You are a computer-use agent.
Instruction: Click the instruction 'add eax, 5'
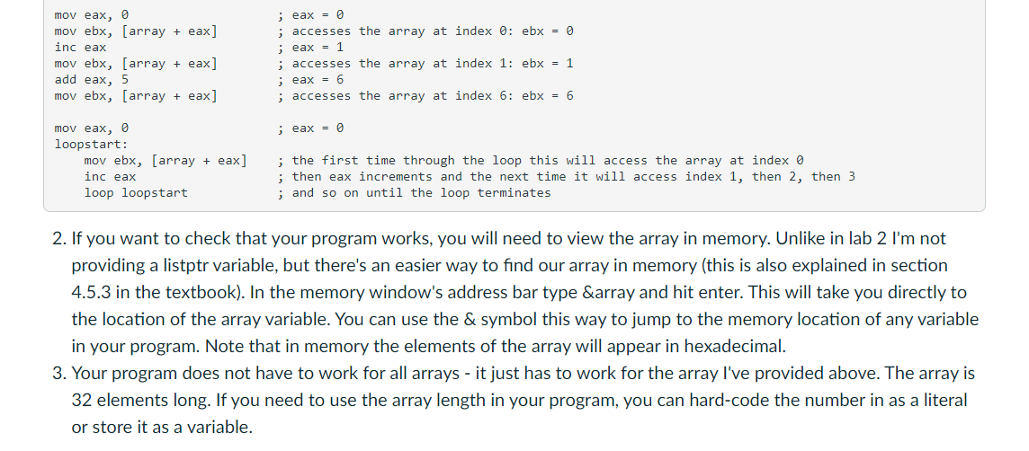click(91, 80)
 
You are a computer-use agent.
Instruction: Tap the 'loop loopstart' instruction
click(136, 193)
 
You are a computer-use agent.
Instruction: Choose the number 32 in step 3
click(82, 400)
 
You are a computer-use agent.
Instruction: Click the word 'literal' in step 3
click(943, 400)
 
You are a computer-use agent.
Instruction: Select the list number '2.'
click(59, 239)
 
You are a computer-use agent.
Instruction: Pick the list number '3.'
click(59, 373)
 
